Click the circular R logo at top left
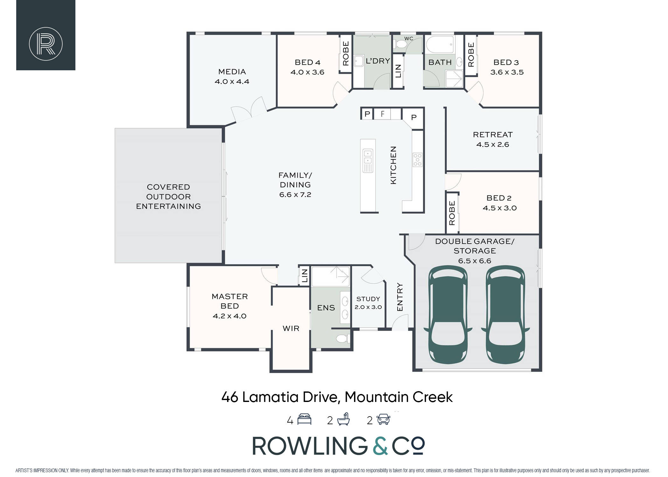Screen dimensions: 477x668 pyautogui.click(x=45, y=44)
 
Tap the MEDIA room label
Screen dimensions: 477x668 pyautogui.click(x=232, y=72)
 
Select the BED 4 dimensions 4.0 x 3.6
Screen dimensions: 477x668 pyautogui.click(x=307, y=72)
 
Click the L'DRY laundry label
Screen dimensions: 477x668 pyautogui.click(x=378, y=61)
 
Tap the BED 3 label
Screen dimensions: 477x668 pyautogui.click(x=506, y=62)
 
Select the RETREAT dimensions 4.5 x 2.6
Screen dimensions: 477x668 pyautogui.click(x=492, y=145)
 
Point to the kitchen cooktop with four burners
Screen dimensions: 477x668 pyautogui.click(x=417, y=160)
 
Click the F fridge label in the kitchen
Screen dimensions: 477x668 pyautogui.click(x=383, y=114)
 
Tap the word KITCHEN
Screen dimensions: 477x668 pyautogui.click(x=393, y=165)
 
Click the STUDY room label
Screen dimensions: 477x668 pyautogui.click(x=368, y=299)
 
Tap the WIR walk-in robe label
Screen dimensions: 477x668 pyautogui.click(x=291, y=328)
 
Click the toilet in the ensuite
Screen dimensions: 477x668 pyautogui.click(x=342, y=339)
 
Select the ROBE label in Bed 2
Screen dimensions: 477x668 pyautogui.click(x=452, y=213)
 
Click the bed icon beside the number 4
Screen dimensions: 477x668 pyautogui.click(x=304, y=419)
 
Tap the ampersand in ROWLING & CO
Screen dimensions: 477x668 pyautogui.click(x=380, y=446)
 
